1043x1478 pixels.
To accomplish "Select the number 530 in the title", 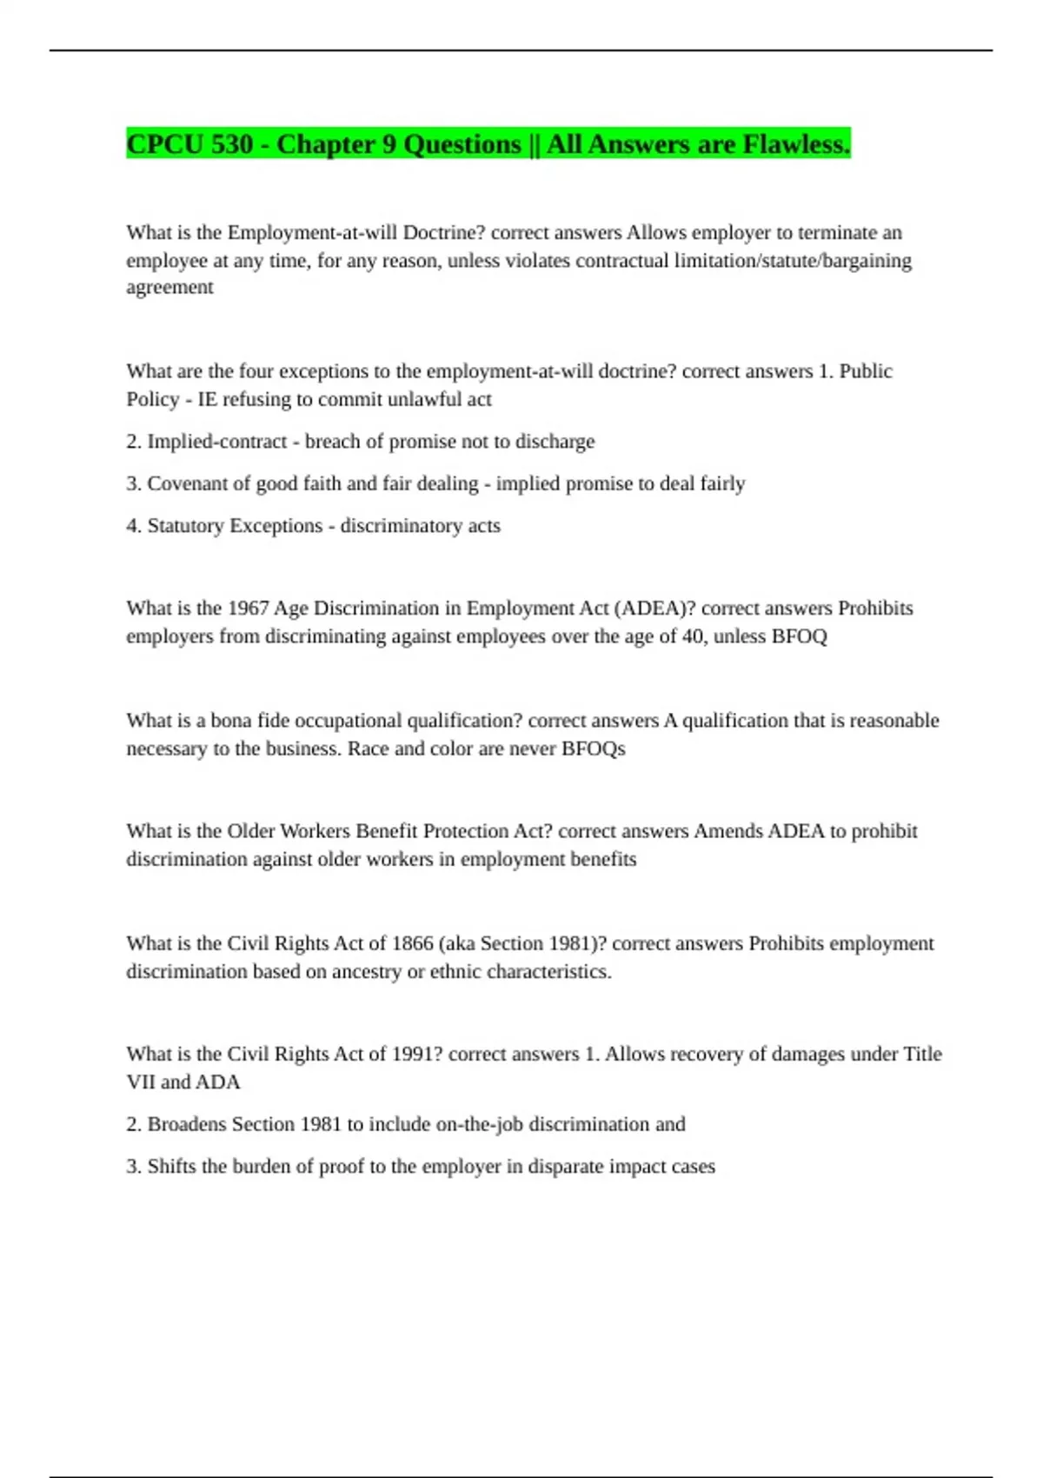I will (x=230, y=144).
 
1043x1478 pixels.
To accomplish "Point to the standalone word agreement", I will (x=169, y=288).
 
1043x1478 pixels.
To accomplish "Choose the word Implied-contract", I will (x=216, y=442).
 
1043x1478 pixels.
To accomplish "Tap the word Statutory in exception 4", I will (x=185, y=526).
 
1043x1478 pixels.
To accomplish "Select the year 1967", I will (x=248, y=609).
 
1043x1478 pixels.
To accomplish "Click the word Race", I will (x=368, y=749).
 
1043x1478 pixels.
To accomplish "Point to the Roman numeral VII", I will (x=141, y=1082).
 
